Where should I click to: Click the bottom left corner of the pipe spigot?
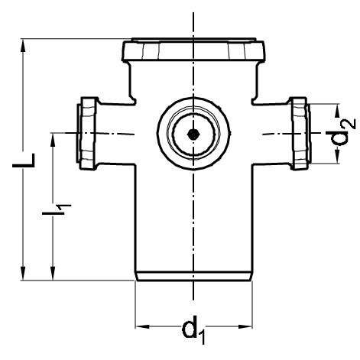coord(136,280)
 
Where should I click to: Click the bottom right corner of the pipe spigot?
coord(252,280)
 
